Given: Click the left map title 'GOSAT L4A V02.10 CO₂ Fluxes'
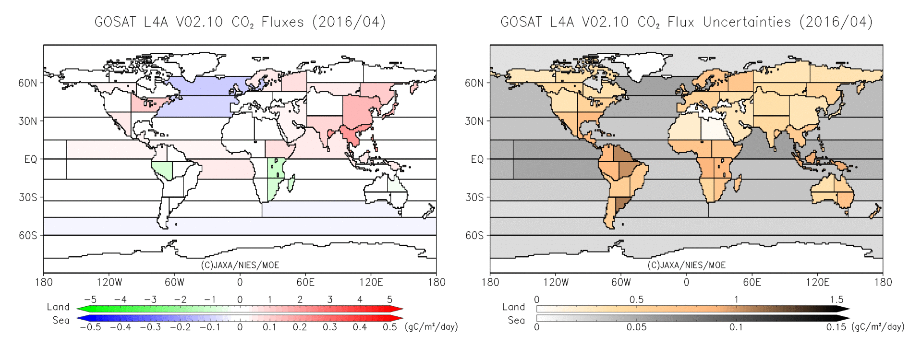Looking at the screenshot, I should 240,22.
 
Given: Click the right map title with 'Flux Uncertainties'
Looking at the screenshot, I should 686,22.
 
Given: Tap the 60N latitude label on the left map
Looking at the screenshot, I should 28,83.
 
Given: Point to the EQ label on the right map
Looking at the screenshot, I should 477,159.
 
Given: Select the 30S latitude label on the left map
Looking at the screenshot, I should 28,197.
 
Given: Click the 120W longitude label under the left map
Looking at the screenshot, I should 109,282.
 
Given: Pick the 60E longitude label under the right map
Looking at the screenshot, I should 752,282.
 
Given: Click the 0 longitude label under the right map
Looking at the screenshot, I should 686,282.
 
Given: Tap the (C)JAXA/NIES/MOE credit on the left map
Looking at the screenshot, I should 240,265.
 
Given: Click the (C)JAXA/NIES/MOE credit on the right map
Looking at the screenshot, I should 686,265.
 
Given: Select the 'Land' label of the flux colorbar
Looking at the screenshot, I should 58,307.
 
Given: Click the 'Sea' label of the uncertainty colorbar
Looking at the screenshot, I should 516,320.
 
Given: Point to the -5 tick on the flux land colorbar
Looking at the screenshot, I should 90,300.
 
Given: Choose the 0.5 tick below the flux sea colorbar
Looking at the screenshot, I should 389,327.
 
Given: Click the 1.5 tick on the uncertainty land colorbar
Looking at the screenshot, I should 836,300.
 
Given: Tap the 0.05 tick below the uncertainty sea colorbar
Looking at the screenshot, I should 636,327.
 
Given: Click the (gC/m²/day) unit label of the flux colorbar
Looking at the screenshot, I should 431,327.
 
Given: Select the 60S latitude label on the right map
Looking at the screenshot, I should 474,236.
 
